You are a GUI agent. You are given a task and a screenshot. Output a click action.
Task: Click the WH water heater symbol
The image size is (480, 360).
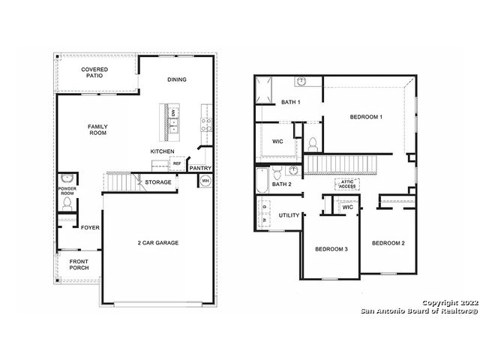205,181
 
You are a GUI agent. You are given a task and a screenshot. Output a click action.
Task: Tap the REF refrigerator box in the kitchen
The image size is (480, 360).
177,163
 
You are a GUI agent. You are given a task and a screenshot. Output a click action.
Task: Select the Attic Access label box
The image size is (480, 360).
346,184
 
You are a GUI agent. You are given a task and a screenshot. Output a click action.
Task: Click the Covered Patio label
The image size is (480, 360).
94,73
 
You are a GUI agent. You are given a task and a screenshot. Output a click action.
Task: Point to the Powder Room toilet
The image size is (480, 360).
67,203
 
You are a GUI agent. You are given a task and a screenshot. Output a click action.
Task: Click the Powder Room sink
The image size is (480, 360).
67,178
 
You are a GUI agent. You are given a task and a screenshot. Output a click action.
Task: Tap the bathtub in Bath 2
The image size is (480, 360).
262,180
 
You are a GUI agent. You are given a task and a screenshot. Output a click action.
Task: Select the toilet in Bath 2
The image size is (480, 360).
277,172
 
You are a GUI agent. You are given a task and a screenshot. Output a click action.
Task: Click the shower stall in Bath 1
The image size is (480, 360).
263,90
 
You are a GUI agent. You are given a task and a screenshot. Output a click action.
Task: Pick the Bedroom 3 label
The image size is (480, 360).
331,249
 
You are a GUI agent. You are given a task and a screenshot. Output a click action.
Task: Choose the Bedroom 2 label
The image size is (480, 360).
388,243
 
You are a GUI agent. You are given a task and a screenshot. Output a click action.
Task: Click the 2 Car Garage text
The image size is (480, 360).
158,243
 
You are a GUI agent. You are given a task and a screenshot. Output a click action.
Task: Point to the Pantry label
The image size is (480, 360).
200,168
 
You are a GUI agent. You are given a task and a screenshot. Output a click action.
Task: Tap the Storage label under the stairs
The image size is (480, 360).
158,182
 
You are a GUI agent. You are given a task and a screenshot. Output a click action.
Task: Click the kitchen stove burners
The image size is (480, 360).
207,124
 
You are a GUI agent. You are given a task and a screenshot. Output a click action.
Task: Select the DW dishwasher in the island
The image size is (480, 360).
173,112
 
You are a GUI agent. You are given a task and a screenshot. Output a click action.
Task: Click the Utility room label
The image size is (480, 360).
289,215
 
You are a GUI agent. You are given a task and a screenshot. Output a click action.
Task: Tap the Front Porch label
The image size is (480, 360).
79,265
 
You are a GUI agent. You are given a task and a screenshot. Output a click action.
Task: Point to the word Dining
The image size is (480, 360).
177,79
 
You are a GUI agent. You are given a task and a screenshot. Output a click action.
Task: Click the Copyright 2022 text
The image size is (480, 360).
450,303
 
